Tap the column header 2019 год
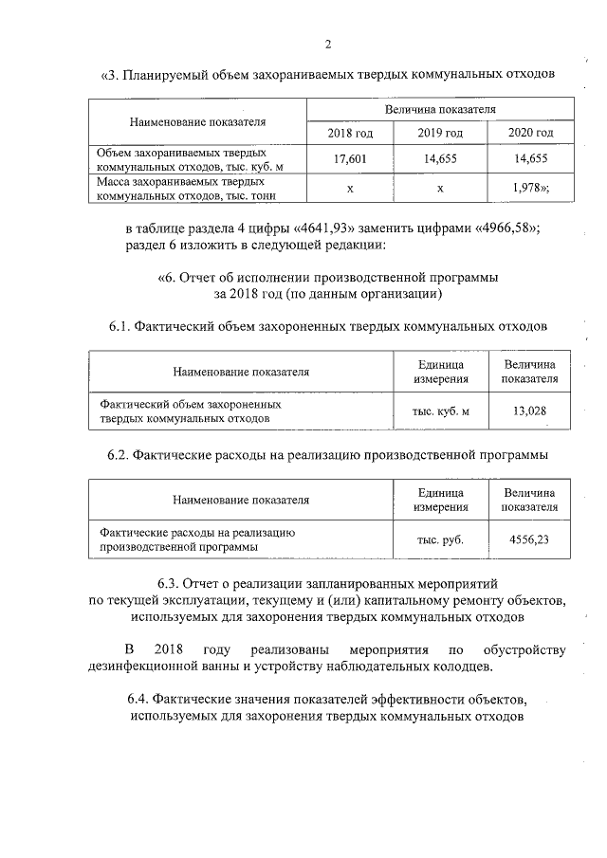[x=440, y=132]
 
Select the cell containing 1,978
[x=529, y=188]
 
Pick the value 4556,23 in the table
[x=530, y=539]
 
